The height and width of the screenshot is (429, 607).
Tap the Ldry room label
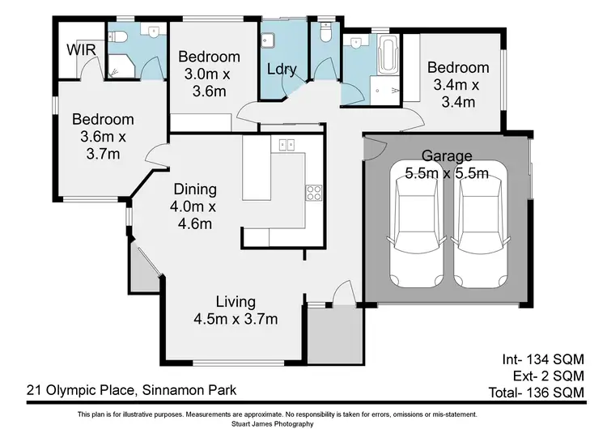coord(281,69)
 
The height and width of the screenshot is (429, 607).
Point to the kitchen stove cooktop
coord(313,193)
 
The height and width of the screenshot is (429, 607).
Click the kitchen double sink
coord(286,145)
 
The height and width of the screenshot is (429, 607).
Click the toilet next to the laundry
coord(325,33)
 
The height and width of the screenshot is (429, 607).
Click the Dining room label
coord(195,189)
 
